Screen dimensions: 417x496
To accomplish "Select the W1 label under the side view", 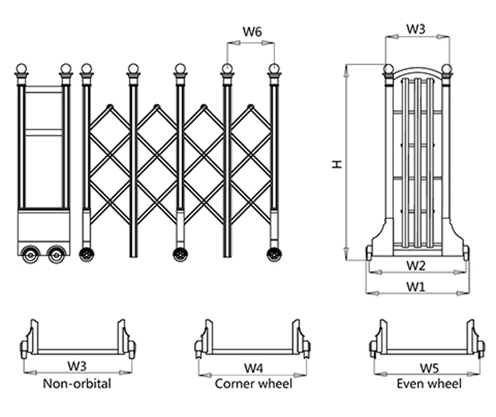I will point(416,287).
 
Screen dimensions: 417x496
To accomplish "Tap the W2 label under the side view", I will point(416,264).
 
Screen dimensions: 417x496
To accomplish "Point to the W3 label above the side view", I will point(416,29).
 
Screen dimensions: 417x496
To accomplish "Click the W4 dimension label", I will point(253,368).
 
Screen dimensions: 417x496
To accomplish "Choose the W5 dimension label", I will point(428,368).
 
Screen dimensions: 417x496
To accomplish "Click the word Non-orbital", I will point(77,384).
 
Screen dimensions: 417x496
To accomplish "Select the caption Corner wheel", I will point(253,384).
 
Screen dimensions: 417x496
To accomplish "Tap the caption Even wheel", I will point(428,384).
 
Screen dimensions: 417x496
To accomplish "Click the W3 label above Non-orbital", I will point(77,367).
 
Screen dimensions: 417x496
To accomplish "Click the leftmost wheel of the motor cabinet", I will point(31,255).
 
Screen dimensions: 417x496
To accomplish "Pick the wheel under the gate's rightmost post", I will point(274,254).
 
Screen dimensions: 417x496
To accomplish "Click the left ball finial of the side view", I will point(388,69).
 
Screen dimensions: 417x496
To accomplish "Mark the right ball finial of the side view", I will point(446,69).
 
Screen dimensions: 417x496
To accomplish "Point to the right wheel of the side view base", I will point(466,254).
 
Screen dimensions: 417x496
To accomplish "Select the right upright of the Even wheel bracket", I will point(472,336).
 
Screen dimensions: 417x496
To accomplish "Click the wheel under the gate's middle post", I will point(180,254).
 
